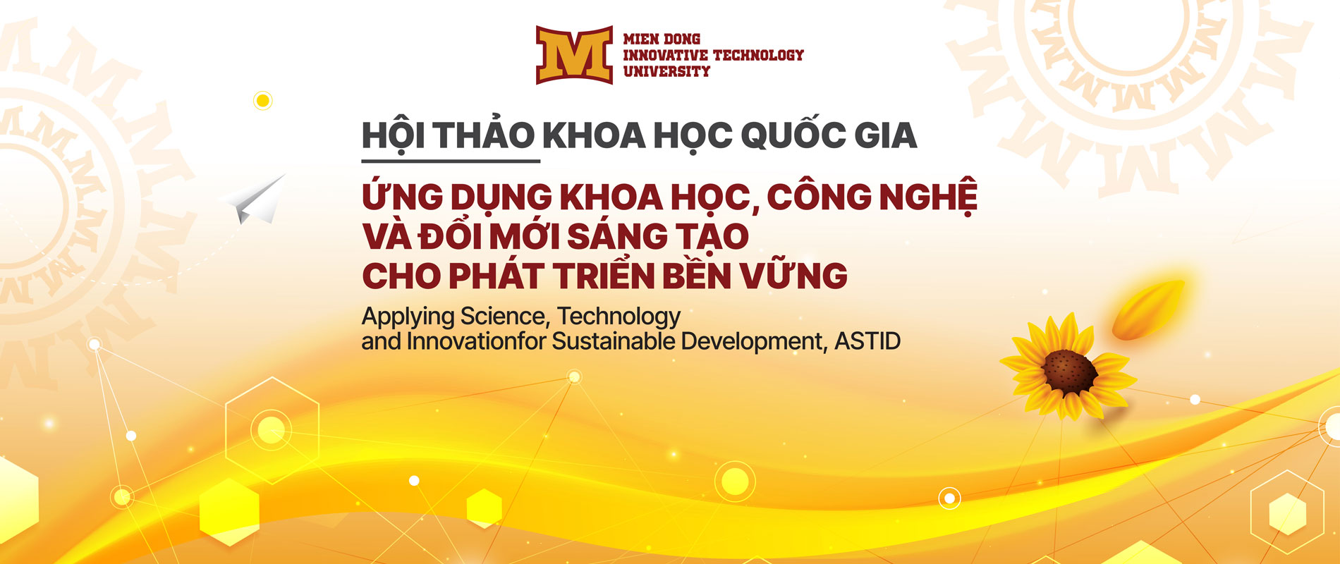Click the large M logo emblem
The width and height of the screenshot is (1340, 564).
click(574, 55)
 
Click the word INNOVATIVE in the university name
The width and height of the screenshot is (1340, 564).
click(666, 55)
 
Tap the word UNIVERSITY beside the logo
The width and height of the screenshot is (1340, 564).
click(666, 71)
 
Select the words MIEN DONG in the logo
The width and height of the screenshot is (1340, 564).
click(662, 39)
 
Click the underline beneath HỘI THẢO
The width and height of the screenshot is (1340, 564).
click(451, 161)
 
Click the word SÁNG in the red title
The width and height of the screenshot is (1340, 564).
click(616, 235)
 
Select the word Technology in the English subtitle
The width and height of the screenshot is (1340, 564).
click(619, 317)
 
